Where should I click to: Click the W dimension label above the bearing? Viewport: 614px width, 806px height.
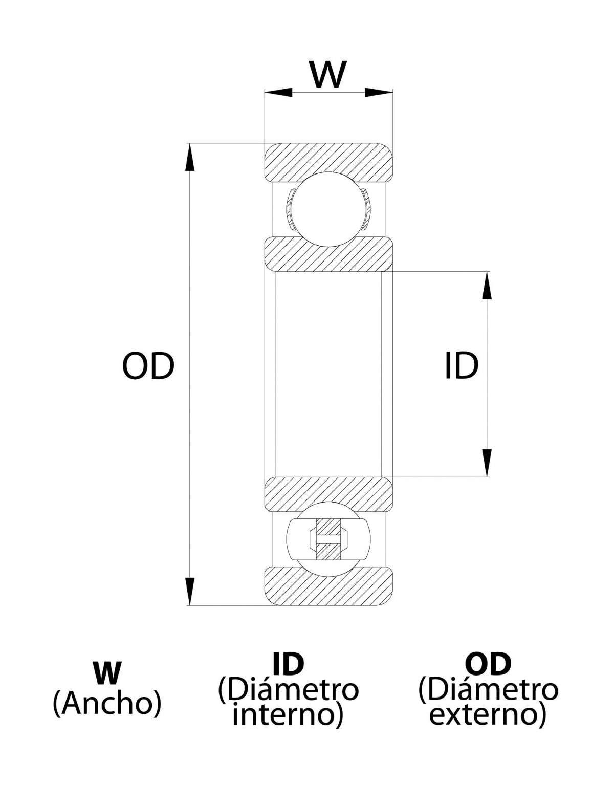[x=328, y=74]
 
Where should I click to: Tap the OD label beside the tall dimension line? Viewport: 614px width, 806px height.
[x=148, y=366]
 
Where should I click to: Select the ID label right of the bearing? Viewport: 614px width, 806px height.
[x=461, y=366]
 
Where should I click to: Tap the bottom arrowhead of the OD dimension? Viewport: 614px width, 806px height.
[x=190, y=591]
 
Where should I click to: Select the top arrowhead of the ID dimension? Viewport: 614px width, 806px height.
[x=487, y=285]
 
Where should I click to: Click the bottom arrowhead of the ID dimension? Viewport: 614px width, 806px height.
[x=487, y=463]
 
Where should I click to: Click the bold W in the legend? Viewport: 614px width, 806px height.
[x=107, y=672]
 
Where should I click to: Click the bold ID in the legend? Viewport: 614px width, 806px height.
[x=288, y=664]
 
